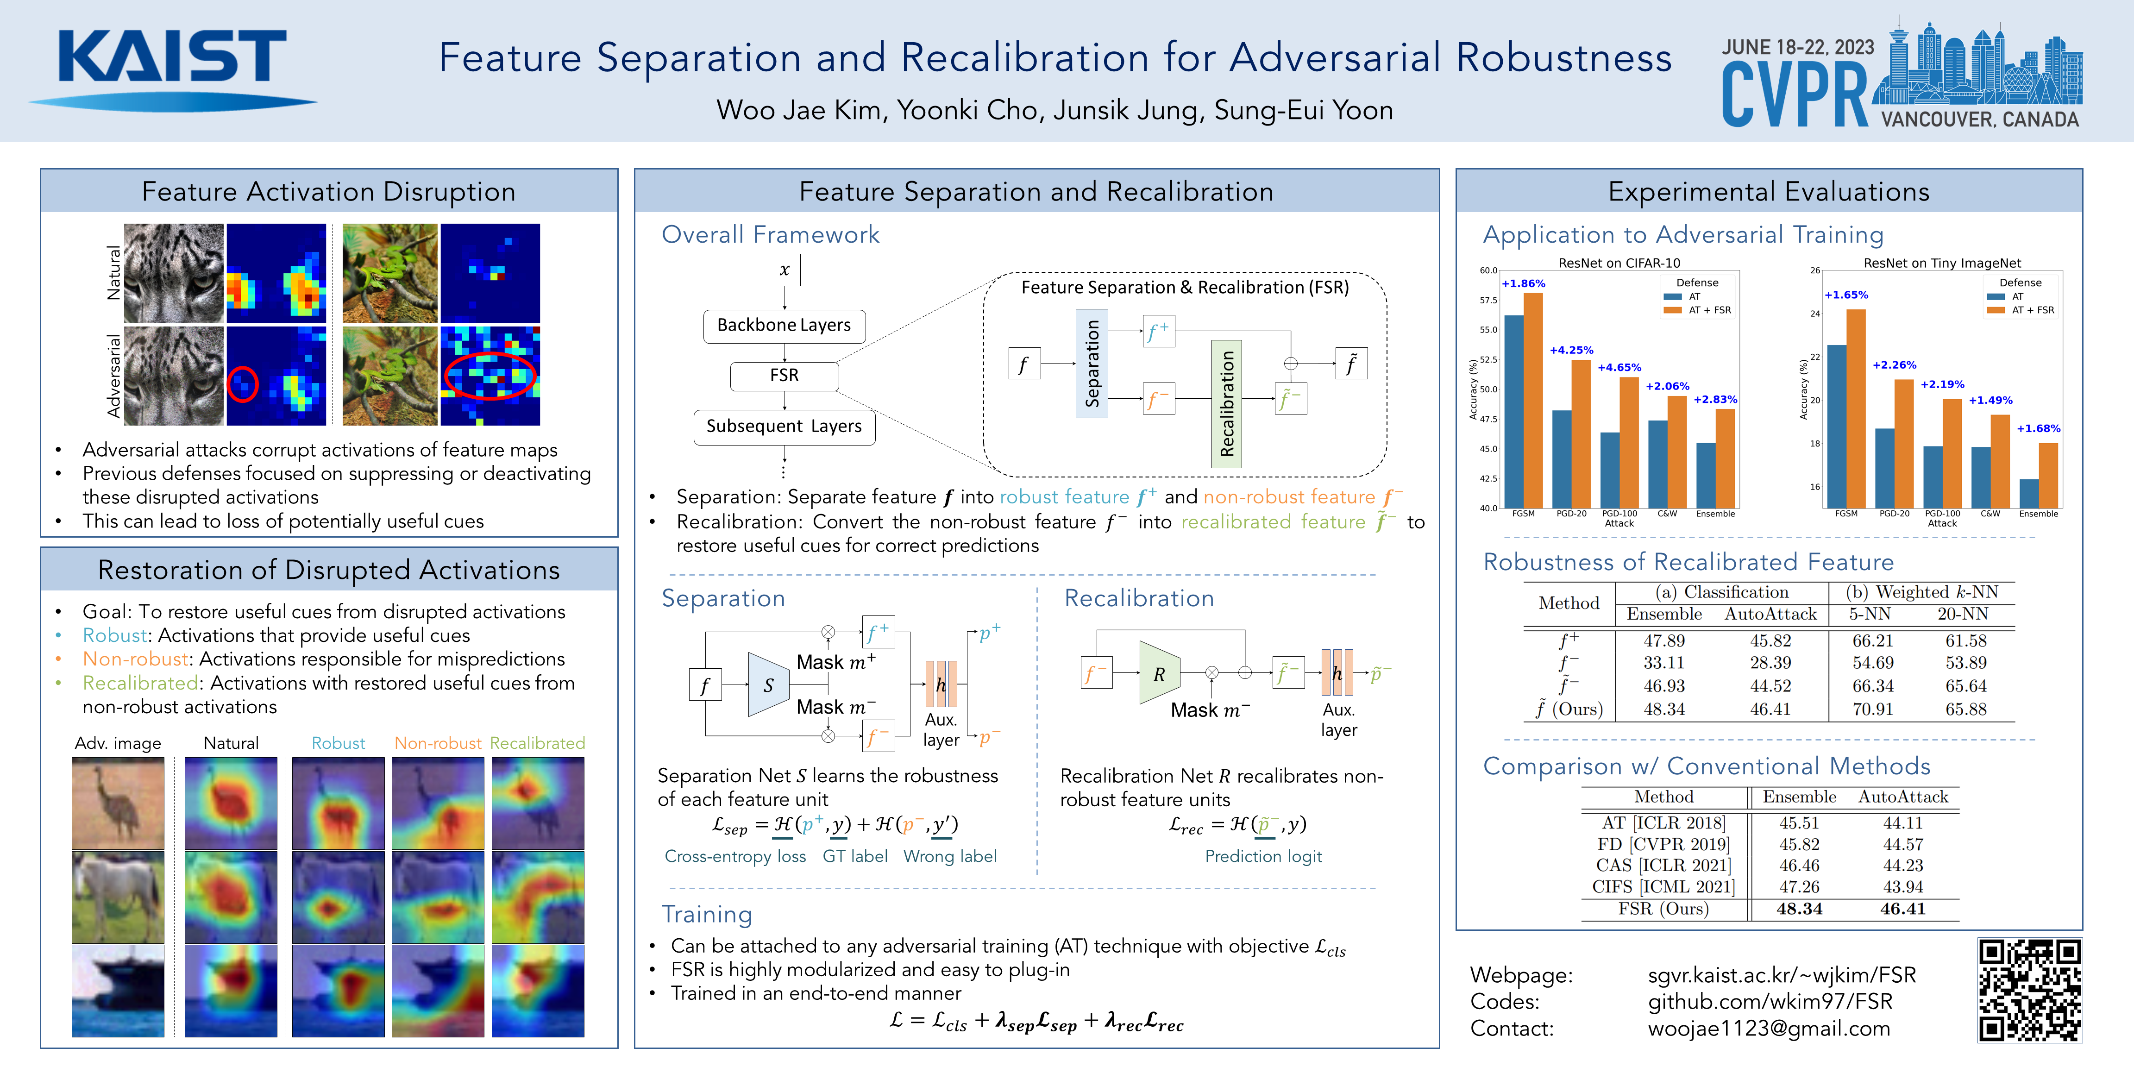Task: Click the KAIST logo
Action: click(172, 66)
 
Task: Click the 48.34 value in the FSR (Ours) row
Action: click(1799, 909)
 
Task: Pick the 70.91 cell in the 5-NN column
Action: click(1872, 709)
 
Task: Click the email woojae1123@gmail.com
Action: click(1769, 1029)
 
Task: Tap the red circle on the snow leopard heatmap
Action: click(243, 383)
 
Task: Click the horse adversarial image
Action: click(118, 897)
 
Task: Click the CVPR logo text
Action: click(1794, 95)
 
